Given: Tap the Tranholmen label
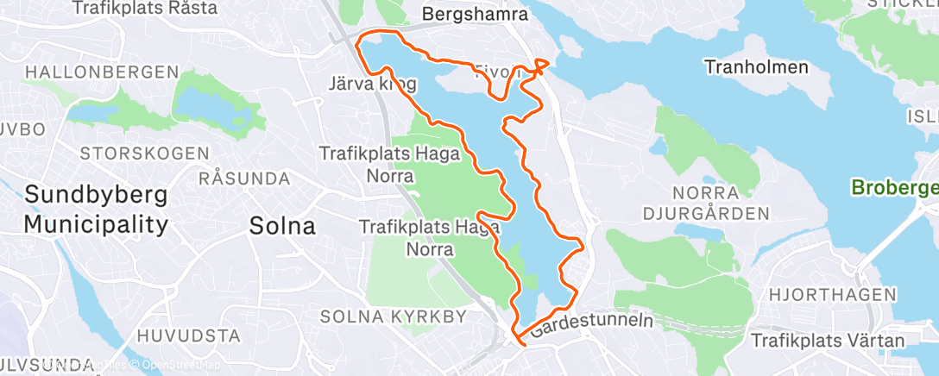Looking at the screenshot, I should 756,66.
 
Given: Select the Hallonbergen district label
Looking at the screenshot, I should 102,72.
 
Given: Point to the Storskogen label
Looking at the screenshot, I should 144,154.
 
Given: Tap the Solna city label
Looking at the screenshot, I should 282,226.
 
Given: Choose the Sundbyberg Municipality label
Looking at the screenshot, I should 95,210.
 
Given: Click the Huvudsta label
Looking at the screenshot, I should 187,335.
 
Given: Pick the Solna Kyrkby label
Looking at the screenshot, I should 393,316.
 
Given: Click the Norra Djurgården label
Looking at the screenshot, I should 706,202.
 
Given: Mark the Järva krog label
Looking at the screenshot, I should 373,85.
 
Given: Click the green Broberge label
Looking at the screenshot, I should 893,186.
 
